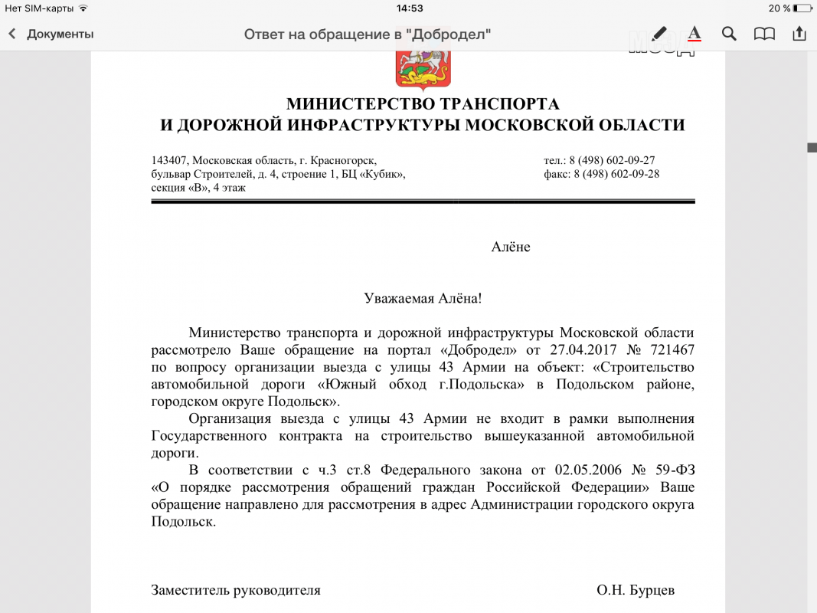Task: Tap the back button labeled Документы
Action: [51, 34]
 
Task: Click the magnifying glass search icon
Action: [729, 34]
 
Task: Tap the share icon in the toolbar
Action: [799, 34]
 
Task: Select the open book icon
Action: [764, 34]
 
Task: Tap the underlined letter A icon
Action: [694, 34]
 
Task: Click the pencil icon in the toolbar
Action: [659, 34]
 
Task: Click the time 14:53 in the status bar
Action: [410, 8]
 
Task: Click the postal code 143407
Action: [169, 160]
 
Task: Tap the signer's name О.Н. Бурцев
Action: [636, 590]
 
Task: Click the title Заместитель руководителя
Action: [236, 590]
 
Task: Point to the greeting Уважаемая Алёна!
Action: [423, 298]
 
